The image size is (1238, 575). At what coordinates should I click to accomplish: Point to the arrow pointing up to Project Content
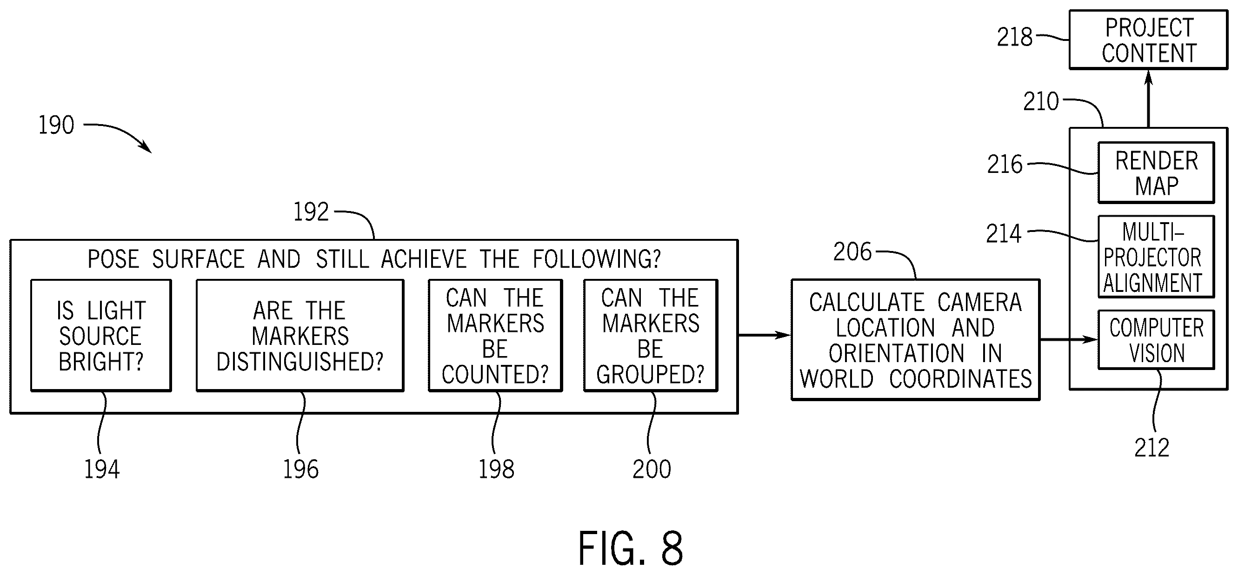pyautogui.click(x=1148, y=99)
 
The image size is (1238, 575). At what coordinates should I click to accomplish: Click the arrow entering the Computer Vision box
pyautogui.click(x=1069, y=340)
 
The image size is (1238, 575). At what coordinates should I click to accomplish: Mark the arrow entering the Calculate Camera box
pyautogui.click(x=765, y=335)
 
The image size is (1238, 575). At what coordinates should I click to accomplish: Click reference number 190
pyautogui.click(x=56, y=125)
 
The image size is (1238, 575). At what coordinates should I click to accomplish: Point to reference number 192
pyautogui.click(x=311, y=211)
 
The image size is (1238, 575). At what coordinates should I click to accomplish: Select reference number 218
pyautogui.click(x=1014, y=37)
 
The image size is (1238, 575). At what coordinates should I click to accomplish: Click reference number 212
pyautogui.click(x=1151, y=448)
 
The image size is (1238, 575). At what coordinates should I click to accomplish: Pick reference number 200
pyautogui.click(x=652, y=469)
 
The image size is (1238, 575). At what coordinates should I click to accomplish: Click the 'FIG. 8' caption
pyautogui.click(x=630, y=548)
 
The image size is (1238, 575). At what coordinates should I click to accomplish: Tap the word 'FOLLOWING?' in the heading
pyautogui.click(x=596, y=259)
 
